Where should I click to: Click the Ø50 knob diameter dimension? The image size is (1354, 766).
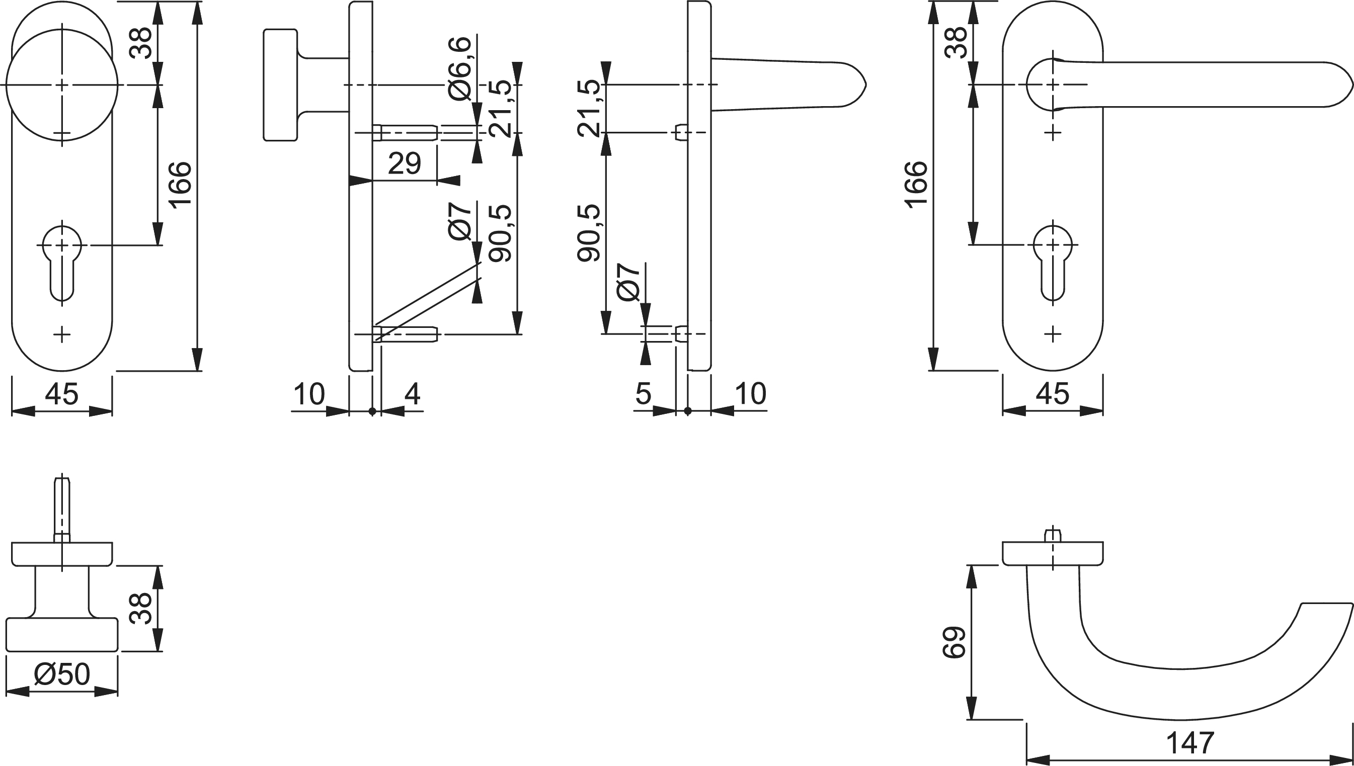[62, 674]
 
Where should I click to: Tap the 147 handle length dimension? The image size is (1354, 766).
[1190, 743]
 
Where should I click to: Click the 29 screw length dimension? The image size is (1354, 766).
[404, 163]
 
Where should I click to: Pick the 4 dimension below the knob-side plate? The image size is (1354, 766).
[412, 394]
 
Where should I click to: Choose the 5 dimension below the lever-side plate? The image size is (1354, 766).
[644, 394]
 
